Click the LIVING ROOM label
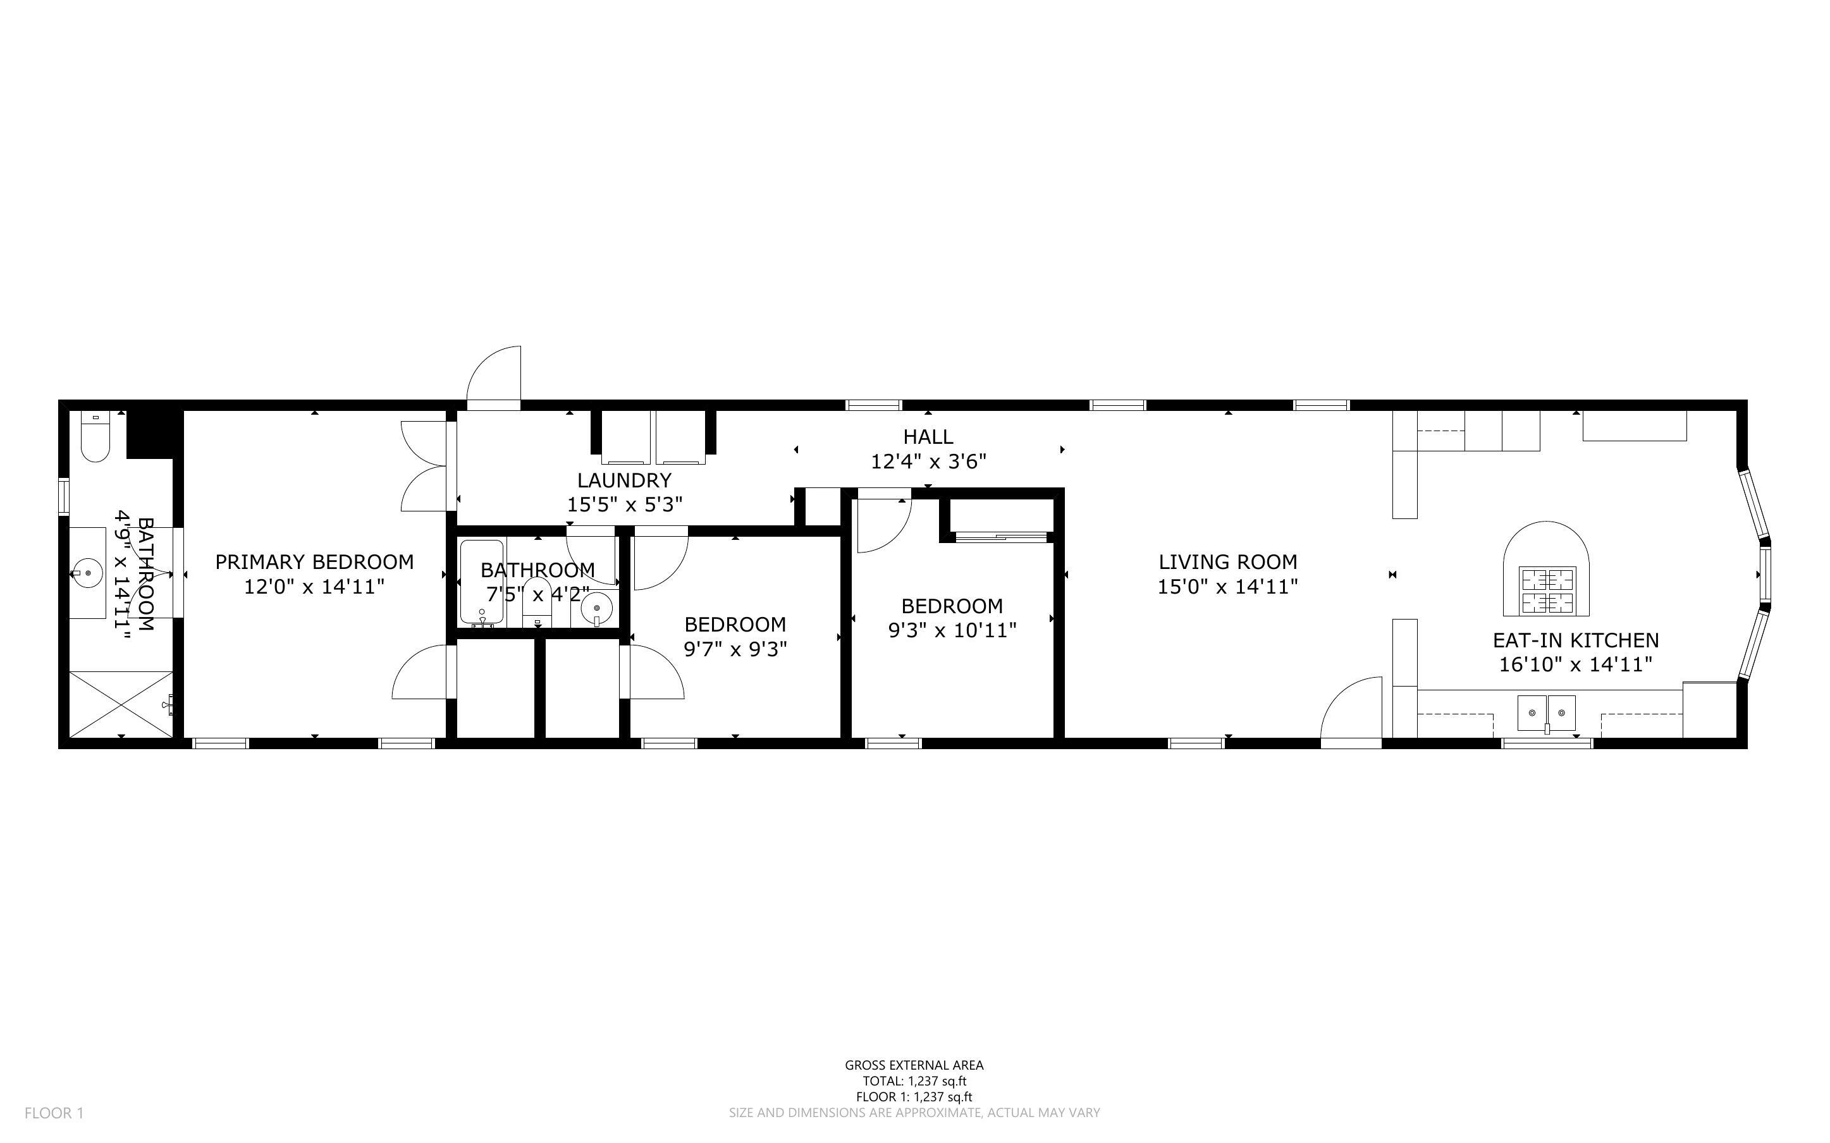coord(1227,561)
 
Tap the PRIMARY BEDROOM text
coord(314,561)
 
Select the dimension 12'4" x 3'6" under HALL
coord(928,461)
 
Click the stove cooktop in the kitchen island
coord(1547,590)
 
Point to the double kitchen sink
coord(1547,712)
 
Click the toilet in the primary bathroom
coord(96,439)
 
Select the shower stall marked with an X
coord(121,703)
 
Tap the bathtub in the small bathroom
coord(481,580)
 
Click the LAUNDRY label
coord(624,480)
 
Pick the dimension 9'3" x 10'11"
coord(952,630)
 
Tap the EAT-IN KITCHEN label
coord(1575,640)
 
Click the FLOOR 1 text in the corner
coord(54,1113)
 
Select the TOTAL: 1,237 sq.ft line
coord(914,1081)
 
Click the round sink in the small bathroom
coord(597,607)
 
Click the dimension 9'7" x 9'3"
coord(735,649)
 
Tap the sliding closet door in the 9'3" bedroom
coord(1001,537)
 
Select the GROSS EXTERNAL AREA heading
coord(914,1065)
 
